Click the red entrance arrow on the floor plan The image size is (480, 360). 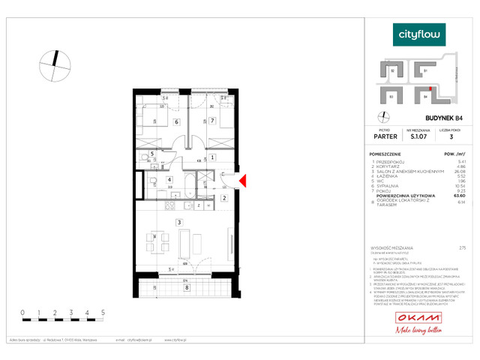pos(241,181)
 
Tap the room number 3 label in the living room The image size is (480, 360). pos(178,223)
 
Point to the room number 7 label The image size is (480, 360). pos(213,120)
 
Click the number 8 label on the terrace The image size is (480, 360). pos(187,286)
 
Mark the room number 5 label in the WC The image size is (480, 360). pos(152,154)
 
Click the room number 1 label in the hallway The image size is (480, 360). pos(213,157)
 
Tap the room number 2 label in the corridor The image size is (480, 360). pos(224,198)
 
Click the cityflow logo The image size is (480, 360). pos(419,34)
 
